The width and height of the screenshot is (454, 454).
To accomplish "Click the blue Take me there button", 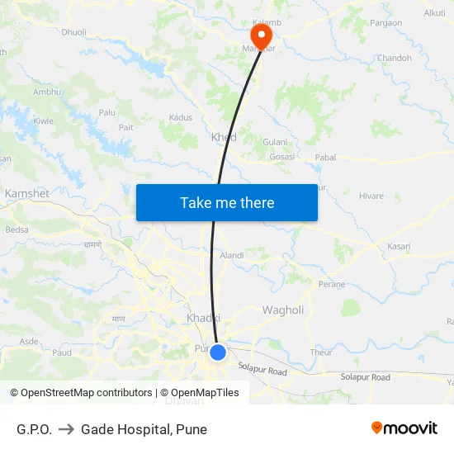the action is (x=226, y=203).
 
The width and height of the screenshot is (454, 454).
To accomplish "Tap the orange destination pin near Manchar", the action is (x=261, y=35).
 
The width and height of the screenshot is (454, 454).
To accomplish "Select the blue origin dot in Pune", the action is (x=218, y=352).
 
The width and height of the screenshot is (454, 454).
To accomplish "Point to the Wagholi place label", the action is (x=283, y=310).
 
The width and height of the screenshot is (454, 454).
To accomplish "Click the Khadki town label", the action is (x=203, y=319).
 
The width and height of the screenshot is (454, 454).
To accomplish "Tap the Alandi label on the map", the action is (x=232, y=256).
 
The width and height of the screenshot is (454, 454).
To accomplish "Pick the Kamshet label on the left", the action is (x=27, y=193).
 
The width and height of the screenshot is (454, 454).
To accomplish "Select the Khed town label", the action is (x=224, y=138).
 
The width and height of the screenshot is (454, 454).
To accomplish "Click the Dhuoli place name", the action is (x=74, y=33).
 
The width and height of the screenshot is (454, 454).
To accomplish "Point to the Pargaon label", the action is (x=387, y=23).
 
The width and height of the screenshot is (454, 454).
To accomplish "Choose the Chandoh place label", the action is (x=394, y=59).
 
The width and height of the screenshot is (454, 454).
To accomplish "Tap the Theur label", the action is (x=321, y=352).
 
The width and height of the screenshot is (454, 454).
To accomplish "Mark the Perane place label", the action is (x=332, y=285).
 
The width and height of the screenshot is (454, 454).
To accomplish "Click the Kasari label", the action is (x=399, y=247).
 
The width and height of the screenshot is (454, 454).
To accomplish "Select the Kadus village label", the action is (x=180, y=118).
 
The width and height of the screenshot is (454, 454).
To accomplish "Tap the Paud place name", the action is (x=62, y=352).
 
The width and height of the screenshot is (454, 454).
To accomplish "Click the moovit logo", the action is (x=404, y=428).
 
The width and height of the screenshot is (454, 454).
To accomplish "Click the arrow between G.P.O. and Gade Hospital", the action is (x=67, y=429).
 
